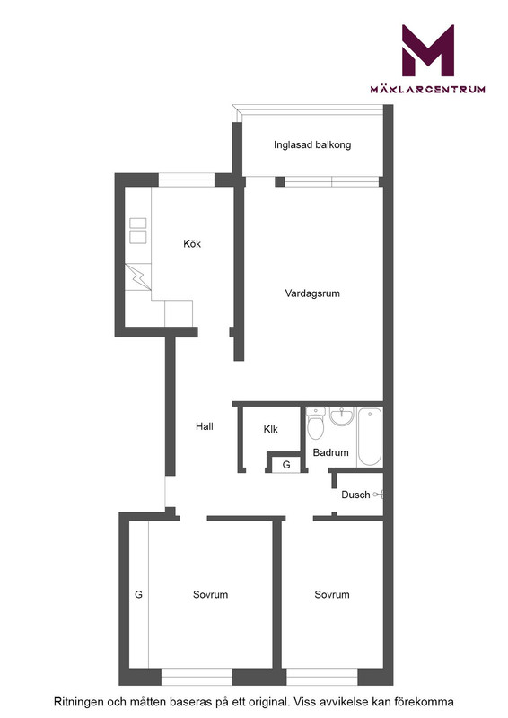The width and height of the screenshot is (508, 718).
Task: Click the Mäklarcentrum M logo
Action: click(x=428, y=50)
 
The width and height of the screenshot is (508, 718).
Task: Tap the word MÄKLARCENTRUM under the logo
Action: click(x=428, y=89)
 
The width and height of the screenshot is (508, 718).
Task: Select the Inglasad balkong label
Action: click(x=312, y=145)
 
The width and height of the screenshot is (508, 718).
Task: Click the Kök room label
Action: click(x=192, y=243)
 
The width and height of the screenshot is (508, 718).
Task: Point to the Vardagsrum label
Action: click(x=312, y=293)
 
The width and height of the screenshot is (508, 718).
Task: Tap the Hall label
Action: click(x=205, y=426)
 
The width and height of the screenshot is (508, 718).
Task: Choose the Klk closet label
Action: click(x=271, y=429)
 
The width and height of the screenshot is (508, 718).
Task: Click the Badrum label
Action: click(x=330, y=452)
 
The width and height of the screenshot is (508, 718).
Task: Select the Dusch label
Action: click(x=355, y=495)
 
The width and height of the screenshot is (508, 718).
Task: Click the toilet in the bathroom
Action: click(x=316, y=424)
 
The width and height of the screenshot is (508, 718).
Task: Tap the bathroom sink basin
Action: click(x=342, y=416)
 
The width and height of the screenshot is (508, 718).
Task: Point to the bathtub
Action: click(x=369, y=437)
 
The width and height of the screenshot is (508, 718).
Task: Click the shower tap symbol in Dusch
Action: click(x=379, y=495)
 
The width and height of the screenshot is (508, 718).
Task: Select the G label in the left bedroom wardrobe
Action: click(x=138, y=594)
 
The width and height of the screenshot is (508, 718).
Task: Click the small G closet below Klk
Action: click(x=286, y=465)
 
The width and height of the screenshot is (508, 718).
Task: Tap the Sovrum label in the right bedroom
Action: click(x=332, y=594)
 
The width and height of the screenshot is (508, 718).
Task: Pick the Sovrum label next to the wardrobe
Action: click(x=210, y=594)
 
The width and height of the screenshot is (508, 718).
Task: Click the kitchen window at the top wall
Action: click(x=187, y=180)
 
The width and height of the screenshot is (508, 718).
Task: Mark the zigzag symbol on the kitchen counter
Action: click(x=138, y=277)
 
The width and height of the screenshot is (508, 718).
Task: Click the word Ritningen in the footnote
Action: click(x=79, y=702)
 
